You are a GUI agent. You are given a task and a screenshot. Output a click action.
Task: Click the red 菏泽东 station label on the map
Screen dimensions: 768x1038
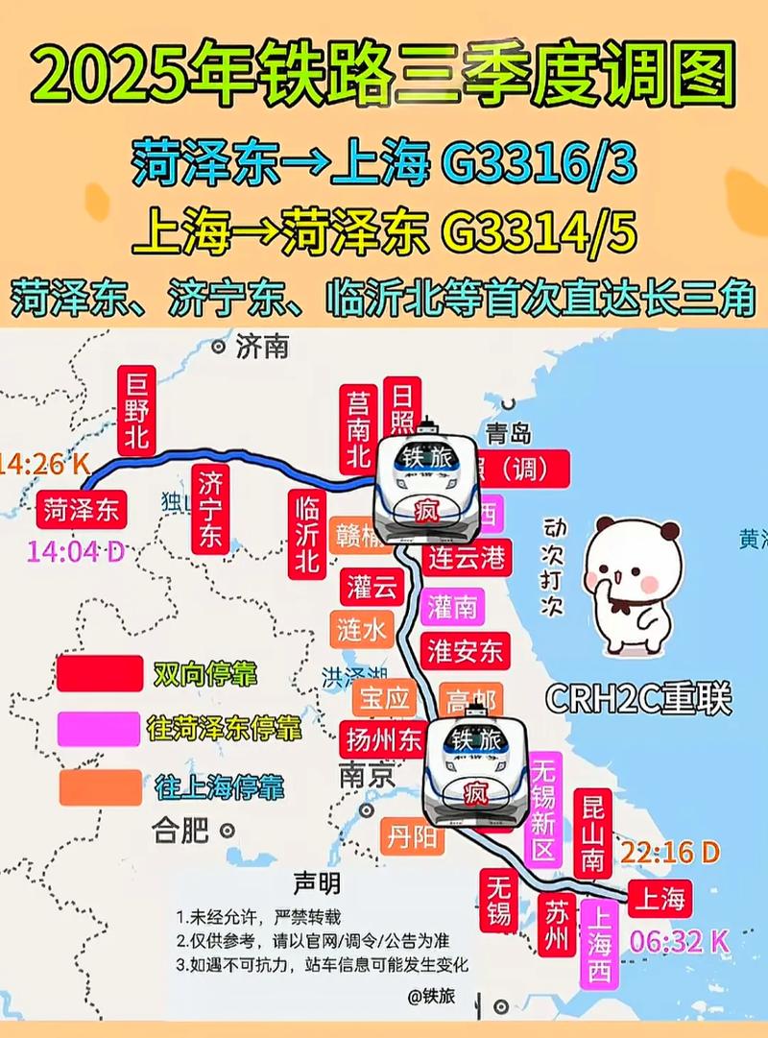[x=82, y=509]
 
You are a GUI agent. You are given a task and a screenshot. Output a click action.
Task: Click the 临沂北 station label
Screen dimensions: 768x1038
[x=306, y=534]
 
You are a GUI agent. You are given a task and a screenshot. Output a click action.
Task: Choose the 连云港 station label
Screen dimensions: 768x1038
[x=467, y=558]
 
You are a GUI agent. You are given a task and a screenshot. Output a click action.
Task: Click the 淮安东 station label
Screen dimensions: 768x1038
[x=465, y=650]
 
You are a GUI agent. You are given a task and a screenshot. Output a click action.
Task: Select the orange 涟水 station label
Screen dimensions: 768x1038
[x=361, y=628]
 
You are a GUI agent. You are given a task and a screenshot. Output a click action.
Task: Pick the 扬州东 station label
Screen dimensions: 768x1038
[x=383, y=740]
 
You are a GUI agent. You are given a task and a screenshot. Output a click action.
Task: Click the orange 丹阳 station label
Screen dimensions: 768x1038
[x=412, y=837]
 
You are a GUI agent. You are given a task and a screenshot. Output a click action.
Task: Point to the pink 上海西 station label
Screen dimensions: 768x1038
[x=600, y=945]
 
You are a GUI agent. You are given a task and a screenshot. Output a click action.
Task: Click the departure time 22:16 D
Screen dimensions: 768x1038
[x=669, y=852]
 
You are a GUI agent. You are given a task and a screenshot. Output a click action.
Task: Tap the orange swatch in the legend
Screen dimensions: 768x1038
[x=99, y=787]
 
